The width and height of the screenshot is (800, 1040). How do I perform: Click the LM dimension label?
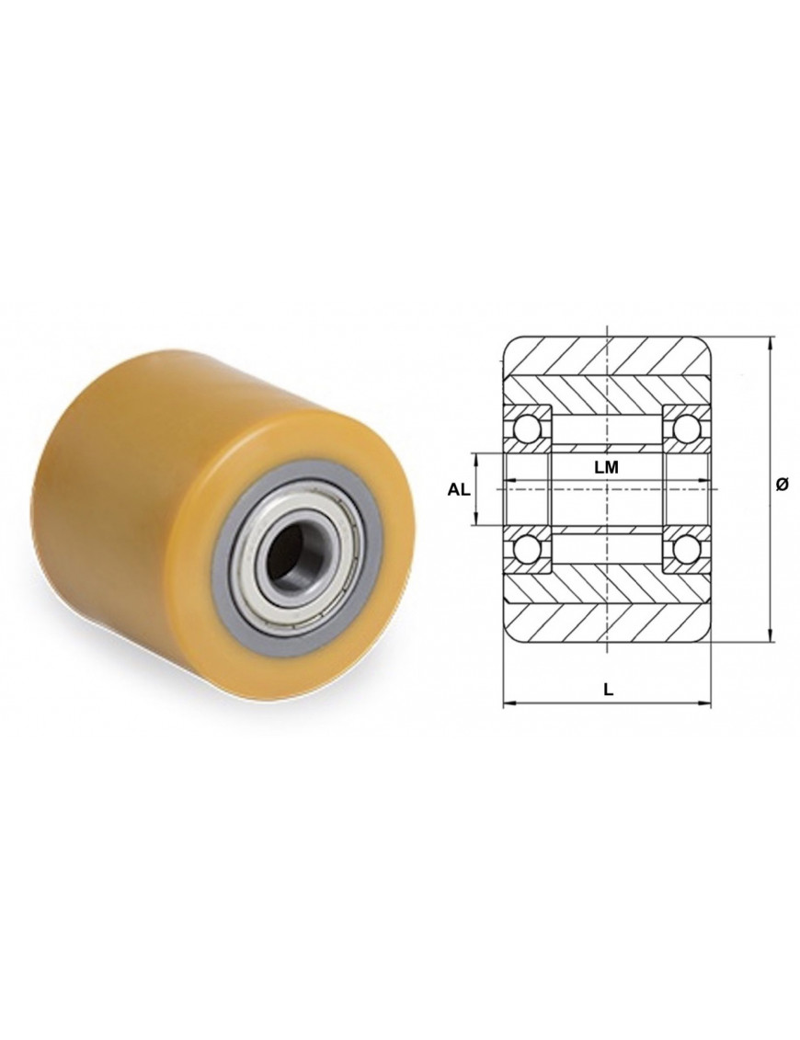pyautogui.click(x=605, y=467)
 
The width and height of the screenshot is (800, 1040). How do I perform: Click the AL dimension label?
pyautogui.click(x=458, y=490)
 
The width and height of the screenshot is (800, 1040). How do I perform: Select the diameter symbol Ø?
pyautogui.click(x=781, y=485)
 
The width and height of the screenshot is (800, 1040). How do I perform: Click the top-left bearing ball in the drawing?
pyautogui.click(x=527, y=429)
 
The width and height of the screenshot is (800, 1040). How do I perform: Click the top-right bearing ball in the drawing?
pyautogui.click(x=686, y=429)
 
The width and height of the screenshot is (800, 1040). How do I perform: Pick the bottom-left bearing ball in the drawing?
pyautogui.click(x=527, y=548)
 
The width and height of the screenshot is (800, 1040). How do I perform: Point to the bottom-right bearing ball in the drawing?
pyautogui.click(x=686, y=548)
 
